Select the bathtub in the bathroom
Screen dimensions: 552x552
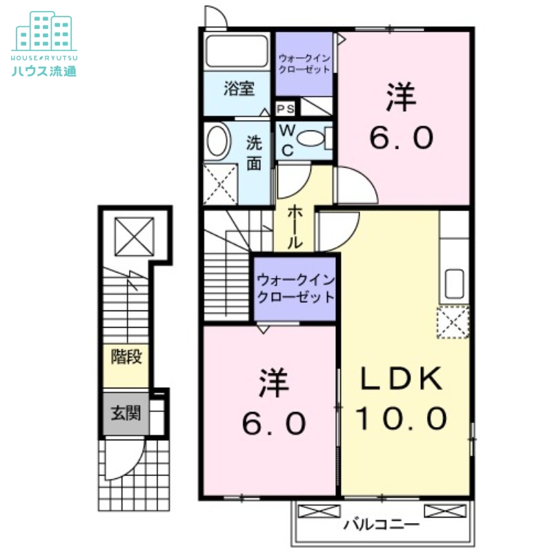(x=237, y=52)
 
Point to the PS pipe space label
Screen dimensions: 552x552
(x=286, y=108)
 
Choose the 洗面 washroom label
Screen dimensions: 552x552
(x=254, y=153)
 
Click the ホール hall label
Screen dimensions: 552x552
(x=293, y=227)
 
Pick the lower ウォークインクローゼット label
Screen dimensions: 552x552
(x=295, y=288)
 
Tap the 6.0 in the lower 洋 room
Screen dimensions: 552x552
(x=273, y=422)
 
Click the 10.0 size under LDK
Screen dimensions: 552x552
(x=402, y=417)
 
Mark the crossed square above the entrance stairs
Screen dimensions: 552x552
(x=135, y=235)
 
